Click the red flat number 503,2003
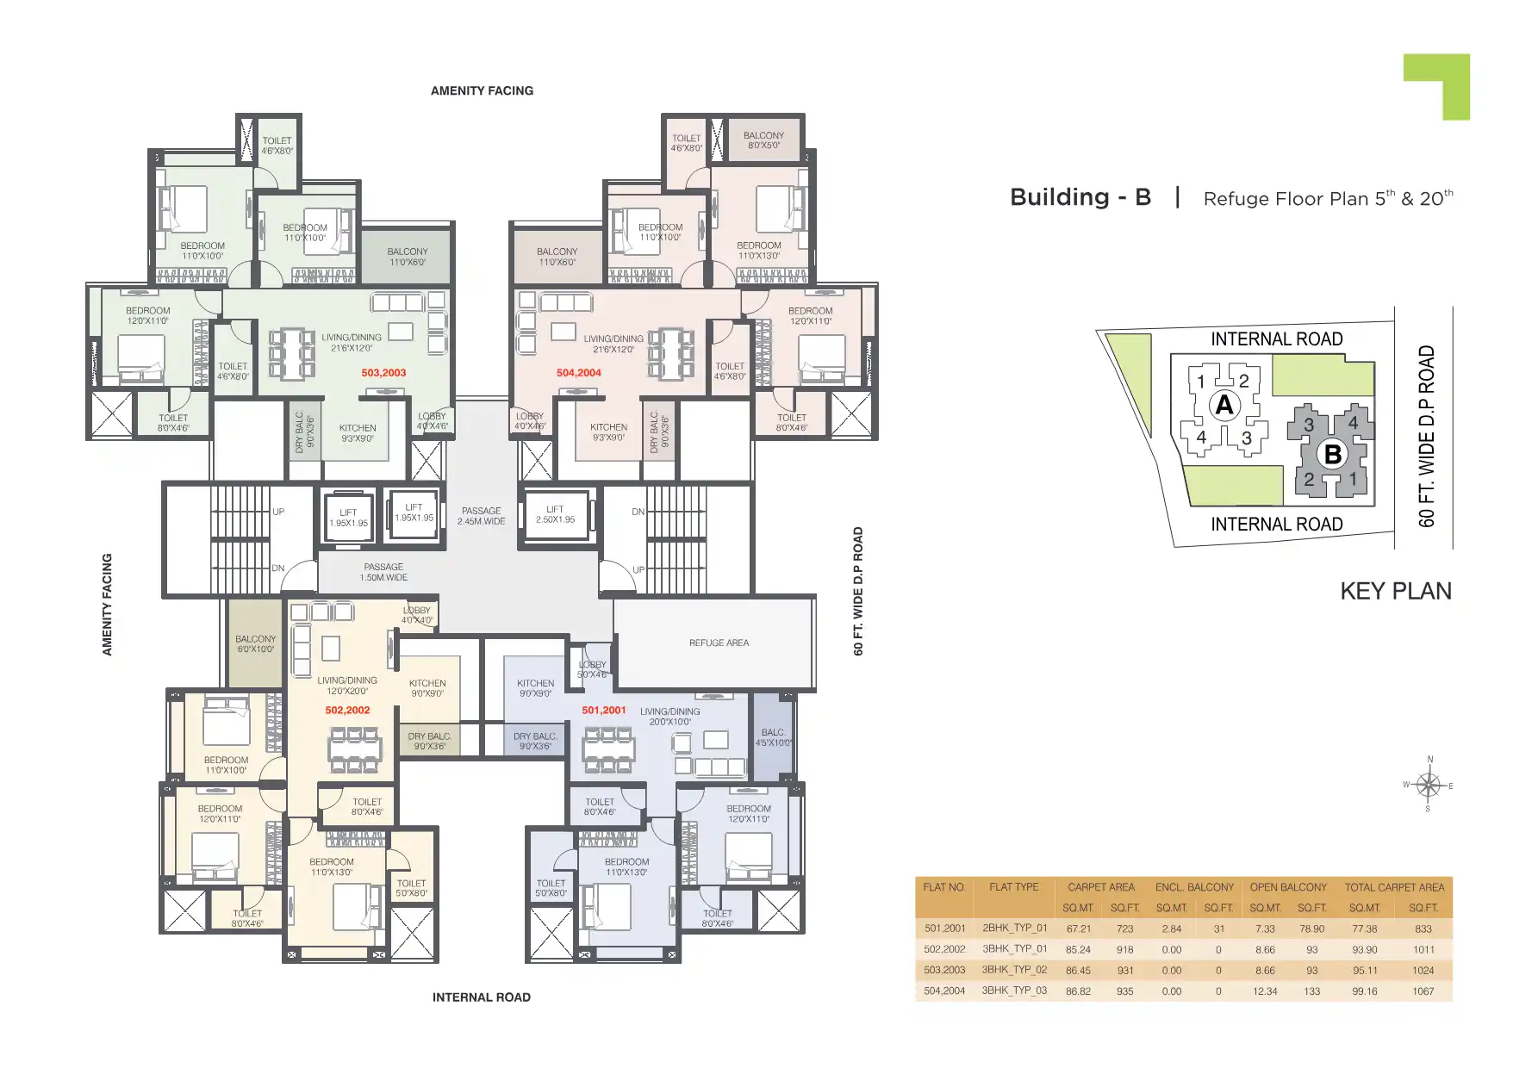coord(383,373)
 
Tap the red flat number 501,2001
coord(603,711)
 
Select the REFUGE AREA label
coord(719,643)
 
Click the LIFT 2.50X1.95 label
coord(555,514)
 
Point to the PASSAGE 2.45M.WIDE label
coord(481,516)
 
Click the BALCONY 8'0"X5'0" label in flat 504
coord(763,140)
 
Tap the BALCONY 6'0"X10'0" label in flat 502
coord(255,644)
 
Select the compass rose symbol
coord(1428,785)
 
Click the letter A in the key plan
coord(1224,405)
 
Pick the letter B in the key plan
coord(1332,454)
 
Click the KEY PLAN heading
coord(1395,591)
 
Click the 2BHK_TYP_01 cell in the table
coord(1014,929)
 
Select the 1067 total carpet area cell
coord(1423,991)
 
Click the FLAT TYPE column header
coord(1013,887)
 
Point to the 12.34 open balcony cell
coord(1265,991)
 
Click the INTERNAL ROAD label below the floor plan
coord(481,997)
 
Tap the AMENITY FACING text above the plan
coord(482,90)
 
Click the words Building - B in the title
coord(1080,197)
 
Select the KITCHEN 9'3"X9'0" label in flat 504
coord(608,432)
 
